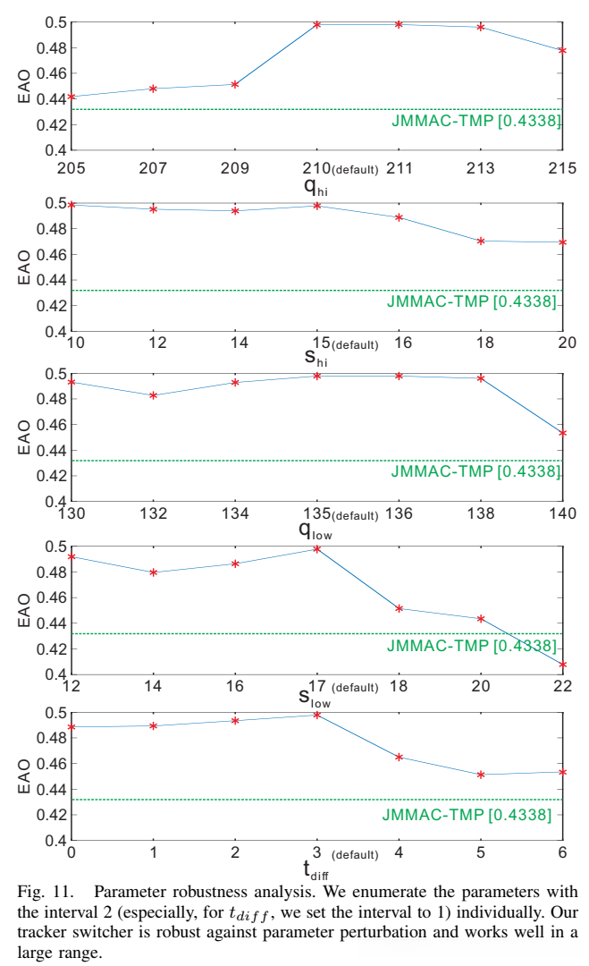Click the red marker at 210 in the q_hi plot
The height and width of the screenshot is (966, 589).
317,23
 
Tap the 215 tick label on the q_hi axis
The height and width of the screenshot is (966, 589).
561,167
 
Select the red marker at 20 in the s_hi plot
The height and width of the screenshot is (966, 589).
562,242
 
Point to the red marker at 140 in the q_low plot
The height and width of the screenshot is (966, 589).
562,433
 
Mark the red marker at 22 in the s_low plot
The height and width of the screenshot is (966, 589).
562,665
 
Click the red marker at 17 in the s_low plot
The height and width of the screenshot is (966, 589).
317,548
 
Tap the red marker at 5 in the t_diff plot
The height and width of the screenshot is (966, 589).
481,775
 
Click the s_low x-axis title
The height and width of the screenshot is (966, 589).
315,699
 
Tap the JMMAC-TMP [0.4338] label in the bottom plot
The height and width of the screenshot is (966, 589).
467,814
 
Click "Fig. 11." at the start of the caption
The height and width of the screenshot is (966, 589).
43,892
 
